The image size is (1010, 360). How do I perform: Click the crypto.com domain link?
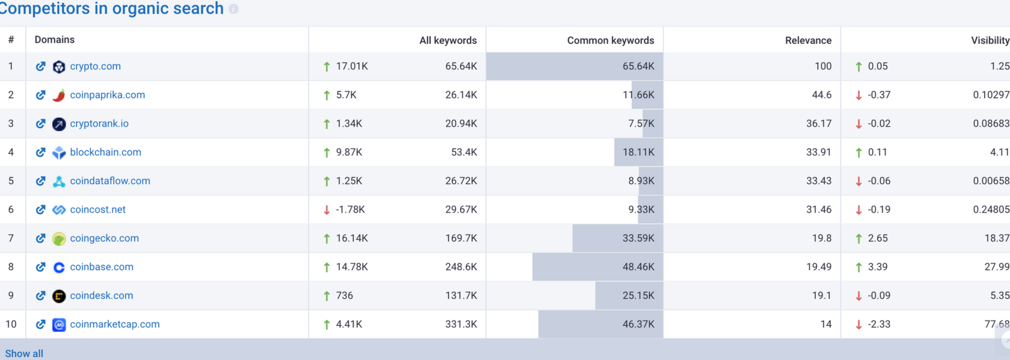(x=95, y=66)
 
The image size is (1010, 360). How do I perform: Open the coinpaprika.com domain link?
(x=107, y=95)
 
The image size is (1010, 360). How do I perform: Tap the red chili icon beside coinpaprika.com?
(x=59, y=95)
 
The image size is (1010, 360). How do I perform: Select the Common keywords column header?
(x=610, y=40)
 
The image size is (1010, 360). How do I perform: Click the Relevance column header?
(x=808, y=40)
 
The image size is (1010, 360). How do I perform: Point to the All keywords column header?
(x=448, y=40)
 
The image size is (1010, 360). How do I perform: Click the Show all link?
(x=24, y=353)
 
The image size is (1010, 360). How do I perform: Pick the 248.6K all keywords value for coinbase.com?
(x=461, y=267)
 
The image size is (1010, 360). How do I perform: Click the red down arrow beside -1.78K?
(x=326, y=210)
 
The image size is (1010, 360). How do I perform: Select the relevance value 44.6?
(x=821, y=95)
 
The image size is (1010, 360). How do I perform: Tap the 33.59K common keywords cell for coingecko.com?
(x=638, y=238)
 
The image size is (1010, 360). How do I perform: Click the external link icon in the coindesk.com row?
(x=40, y=296)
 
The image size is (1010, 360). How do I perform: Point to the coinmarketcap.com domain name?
(x=115, y=324)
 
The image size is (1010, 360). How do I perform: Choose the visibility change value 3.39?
(x=877, y=267)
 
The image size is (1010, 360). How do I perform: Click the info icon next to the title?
(x=233, y=9)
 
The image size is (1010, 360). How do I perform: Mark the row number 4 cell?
(x=11, y=152)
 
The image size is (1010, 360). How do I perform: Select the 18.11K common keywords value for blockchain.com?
(x=638, y=152)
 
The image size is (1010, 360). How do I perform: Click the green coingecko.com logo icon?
(x=59, y=239)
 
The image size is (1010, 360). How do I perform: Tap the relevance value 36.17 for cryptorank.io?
(x=818, y=123)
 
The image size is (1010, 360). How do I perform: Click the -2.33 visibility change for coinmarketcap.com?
(x=879, y=324)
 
